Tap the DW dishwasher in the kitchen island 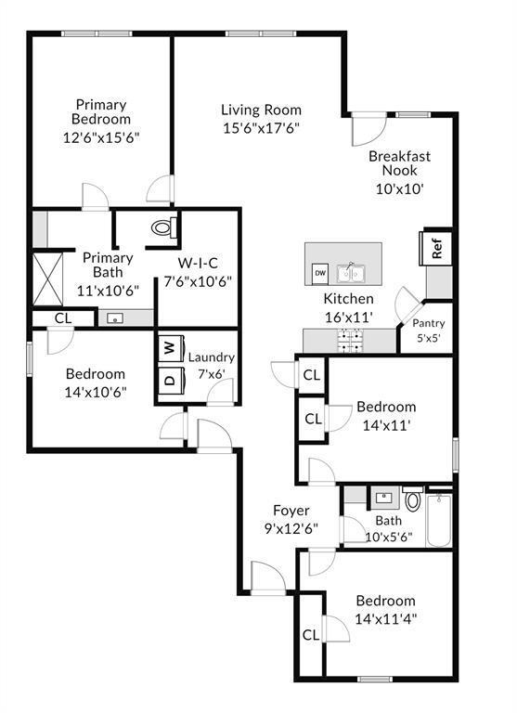pos(319,272)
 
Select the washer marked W pos(169,348)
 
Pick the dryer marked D pos(169,380)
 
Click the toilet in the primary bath pos(163,227)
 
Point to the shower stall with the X pos(47,277)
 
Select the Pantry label pos(428,323)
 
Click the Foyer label pos(291,511)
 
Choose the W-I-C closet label pos(198,263)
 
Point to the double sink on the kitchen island pos(351,272)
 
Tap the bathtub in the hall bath pos(439,521)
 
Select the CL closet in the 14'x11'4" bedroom pos(310,636)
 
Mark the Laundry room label pos(212,357)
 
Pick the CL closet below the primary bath pos(62,318)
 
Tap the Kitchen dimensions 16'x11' pos(347,317)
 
